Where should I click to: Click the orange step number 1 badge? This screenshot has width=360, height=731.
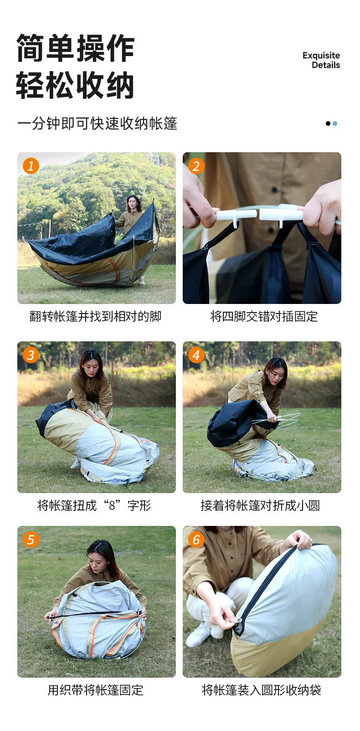tap(31, 166)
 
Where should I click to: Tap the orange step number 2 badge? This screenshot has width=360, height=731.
tap(196, 166)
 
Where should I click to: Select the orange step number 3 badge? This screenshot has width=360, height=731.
tap(31, 355)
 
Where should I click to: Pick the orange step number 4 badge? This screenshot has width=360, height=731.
tap(196, 355)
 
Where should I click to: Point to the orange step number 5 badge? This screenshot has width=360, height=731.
tap(31, 540)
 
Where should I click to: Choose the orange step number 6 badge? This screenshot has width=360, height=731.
tap(196, 540)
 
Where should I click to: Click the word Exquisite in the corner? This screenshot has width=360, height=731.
tap(321, 56)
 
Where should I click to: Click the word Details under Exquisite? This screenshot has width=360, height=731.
tap(326, 65)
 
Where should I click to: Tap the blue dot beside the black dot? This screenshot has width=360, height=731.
tap(335, 124)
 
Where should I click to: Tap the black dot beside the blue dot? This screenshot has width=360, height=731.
tap(328, 124)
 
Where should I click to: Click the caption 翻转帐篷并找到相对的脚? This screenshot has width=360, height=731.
tap(96, 316)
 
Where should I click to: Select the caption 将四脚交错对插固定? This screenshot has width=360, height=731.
tap(264, 316)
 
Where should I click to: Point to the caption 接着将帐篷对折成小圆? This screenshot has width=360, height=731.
tap(260, 505)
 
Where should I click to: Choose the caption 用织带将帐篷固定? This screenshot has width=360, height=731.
tap(96, 690)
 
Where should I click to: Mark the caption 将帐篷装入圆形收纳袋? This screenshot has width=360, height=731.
tap(262, 690)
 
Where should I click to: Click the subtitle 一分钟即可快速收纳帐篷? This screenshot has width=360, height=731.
tap(97, 124)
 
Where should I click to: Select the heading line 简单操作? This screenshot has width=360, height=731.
tap(75, 48)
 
